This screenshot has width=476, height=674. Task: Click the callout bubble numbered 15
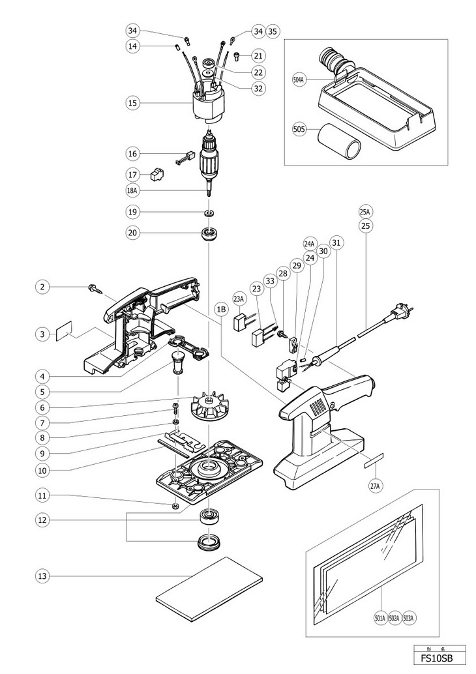tap(133, 103)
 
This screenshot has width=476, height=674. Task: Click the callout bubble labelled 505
tap(300, 128)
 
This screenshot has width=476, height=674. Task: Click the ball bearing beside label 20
tap(210, 233)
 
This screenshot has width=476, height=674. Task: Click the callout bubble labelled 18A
tap(134, 191)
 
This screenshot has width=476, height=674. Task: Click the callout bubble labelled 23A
tap(239, 300)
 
